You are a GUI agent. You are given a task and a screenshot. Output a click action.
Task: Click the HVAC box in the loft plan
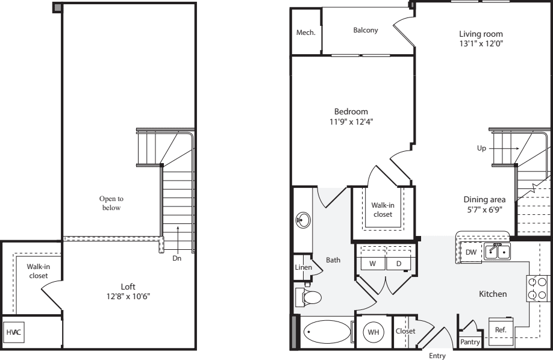coord(13,332)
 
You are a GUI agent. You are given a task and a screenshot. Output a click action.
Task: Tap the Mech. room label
coord(306,33)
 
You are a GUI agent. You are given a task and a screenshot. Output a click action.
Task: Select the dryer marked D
coord(398,263)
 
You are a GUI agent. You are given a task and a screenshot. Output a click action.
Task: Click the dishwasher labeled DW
coord(470,252)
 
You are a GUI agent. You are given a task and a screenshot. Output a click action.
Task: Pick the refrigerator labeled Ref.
coord(500,330)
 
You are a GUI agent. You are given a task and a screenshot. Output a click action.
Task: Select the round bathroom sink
coord(303,220)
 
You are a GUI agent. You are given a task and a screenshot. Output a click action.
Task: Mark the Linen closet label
coord(303,267)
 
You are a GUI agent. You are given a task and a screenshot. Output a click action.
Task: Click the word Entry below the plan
coord(437,356)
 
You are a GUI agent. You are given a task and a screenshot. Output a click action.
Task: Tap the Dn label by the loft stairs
coord(177,258)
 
